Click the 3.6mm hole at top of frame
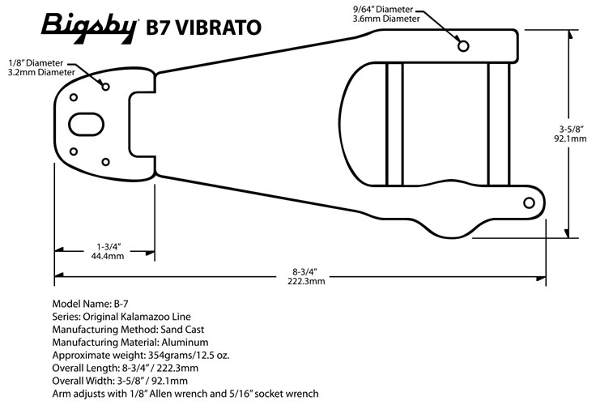tap(463, 46)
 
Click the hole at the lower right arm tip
tap(529, 202)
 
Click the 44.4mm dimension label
tap(108, 255)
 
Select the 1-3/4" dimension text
tap(109, 245)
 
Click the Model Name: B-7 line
tap(90, 303)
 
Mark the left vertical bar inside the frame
tap(394, 123)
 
